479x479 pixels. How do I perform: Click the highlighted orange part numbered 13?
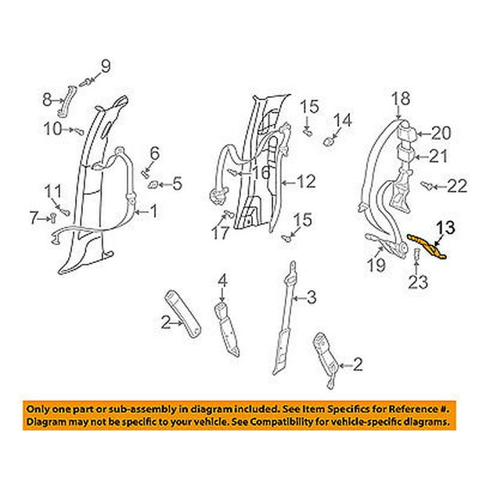pos(427,247)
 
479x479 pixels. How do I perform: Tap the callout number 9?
pos(106,67)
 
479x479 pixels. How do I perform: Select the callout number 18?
pos(401,99)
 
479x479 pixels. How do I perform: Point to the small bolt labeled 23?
pos(416,254)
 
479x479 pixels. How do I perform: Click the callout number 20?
pos(441,133)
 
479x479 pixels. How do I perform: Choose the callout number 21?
pos(438,156)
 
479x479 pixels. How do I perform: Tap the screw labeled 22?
pos(427,185)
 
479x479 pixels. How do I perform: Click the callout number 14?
pos(343,121)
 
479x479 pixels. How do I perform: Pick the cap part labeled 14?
pos(328,142)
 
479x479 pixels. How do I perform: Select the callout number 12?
pos(306,182)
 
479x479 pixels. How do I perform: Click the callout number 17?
pos(220,233)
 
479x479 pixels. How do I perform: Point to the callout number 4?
pos(223,280)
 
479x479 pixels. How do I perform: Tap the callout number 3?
pos(312,297)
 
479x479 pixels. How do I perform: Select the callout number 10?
pos(53,128)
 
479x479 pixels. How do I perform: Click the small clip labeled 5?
pos(153,185)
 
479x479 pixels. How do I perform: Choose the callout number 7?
pos(34,218)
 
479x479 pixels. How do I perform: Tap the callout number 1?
pos(153,211)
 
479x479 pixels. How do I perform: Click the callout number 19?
pos(376,265)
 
